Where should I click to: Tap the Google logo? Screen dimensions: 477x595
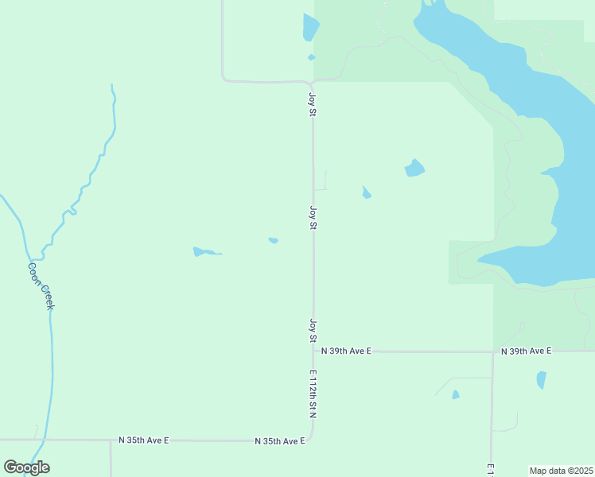[26, 467]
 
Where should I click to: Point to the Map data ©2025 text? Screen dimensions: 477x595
[562, 471]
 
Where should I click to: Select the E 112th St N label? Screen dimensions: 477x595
[313, 394]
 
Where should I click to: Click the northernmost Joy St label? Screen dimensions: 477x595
[313, 105]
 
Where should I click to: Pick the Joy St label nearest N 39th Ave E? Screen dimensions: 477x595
[313, 331]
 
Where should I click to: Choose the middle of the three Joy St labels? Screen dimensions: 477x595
[313, 218]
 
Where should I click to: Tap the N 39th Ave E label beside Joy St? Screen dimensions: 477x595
[346, 351]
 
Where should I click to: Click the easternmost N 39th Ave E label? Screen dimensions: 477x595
[527, 351]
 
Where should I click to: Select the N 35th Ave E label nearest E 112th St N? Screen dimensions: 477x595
[280, 440]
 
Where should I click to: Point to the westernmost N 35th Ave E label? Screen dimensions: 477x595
[144, 440]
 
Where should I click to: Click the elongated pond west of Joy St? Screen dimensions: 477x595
[203, 253]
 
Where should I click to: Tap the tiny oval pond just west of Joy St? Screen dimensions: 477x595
[273, 240]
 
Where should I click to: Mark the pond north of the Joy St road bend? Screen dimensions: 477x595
[309, 28]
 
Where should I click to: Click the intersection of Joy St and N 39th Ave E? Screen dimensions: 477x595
[313, 351]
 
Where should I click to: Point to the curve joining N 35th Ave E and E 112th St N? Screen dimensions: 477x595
[311, 436]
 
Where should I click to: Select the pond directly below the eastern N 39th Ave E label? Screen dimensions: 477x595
[542, 380]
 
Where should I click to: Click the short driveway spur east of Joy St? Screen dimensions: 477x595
[321, 189]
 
